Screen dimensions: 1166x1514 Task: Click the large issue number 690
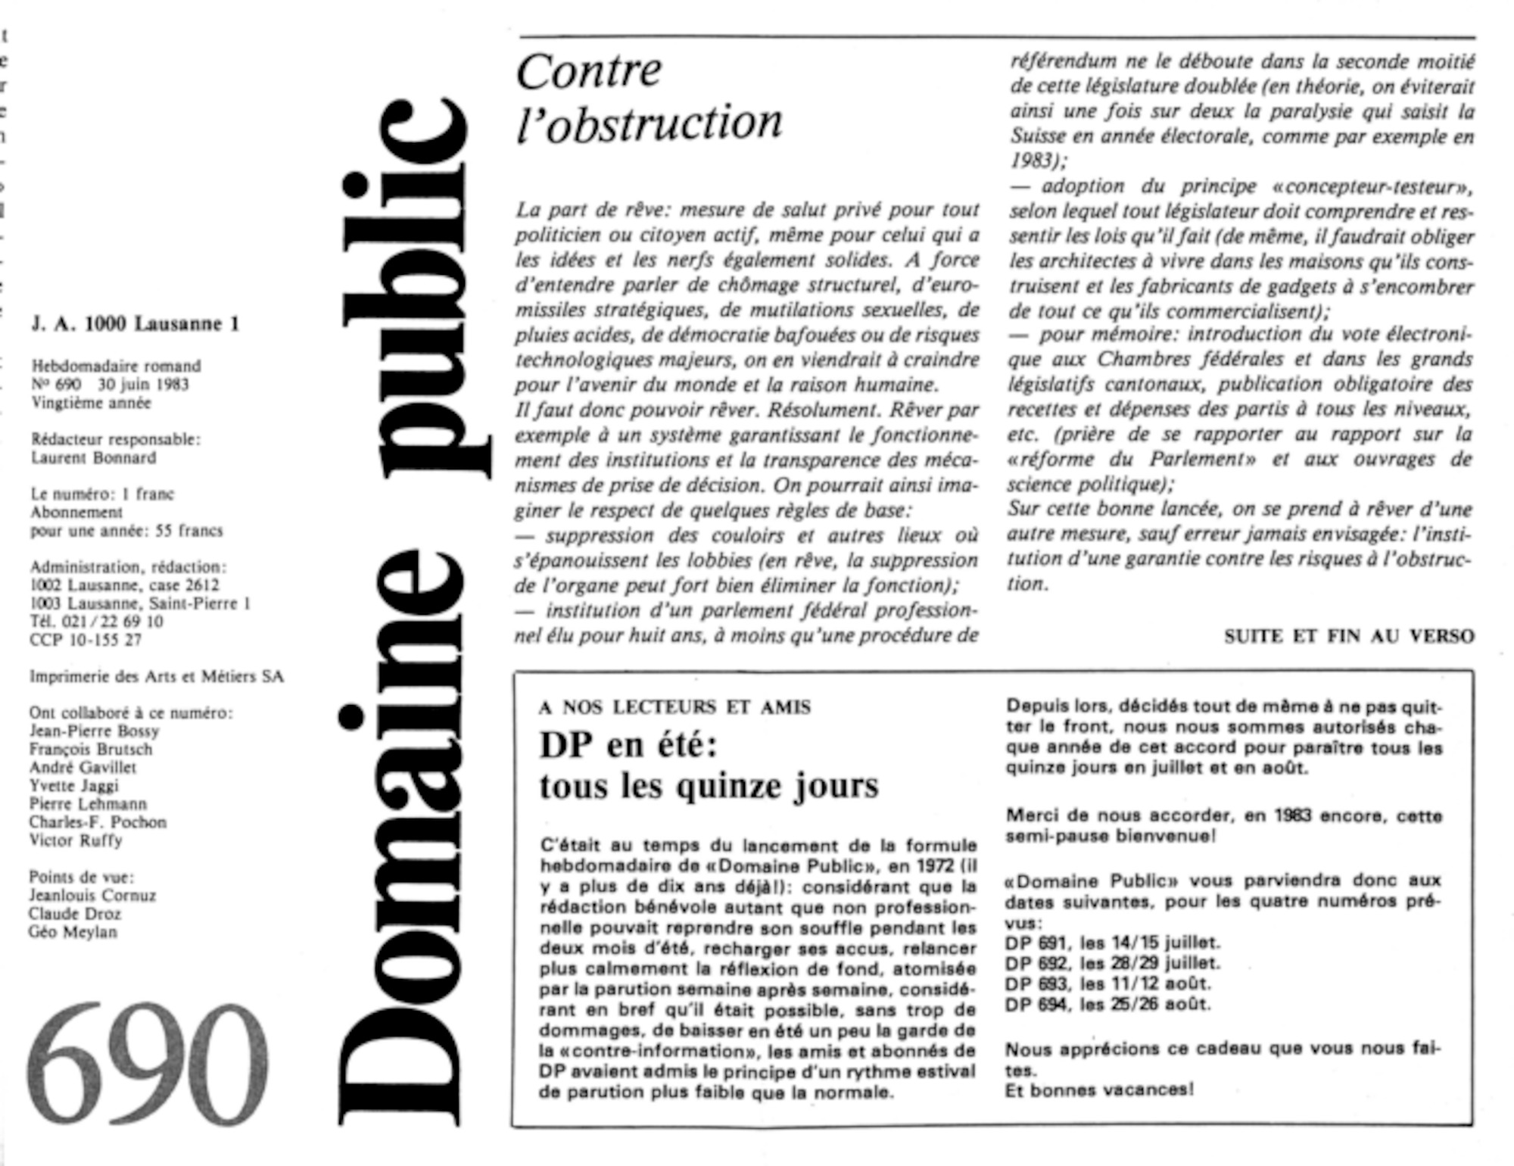(148, 1064)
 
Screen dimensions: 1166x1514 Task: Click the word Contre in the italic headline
(589, 71)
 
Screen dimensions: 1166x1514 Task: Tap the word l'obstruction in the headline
(650, 123)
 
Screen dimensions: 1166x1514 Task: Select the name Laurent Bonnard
(94, 457)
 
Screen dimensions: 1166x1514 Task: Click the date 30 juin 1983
(143, 384)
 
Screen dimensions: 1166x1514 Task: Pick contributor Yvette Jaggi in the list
(74, 785)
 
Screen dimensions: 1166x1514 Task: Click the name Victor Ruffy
(76, 840)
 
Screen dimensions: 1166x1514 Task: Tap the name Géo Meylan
(73, 932)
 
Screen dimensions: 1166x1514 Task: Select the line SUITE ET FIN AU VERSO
(1349, 637)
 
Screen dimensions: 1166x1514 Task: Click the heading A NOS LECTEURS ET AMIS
(674, 707)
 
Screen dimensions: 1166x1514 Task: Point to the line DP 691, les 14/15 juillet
(1113, 943)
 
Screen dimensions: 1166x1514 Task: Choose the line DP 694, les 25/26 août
(1108, 1005)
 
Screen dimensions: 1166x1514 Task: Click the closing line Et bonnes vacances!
(1099, 1090)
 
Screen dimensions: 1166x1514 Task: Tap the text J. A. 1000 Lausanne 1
(136, 324)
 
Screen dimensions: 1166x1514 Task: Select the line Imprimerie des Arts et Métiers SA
(157, 676)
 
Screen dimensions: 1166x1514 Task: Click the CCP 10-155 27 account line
(86, 640)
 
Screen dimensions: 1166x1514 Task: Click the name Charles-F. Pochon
(98, 822)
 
